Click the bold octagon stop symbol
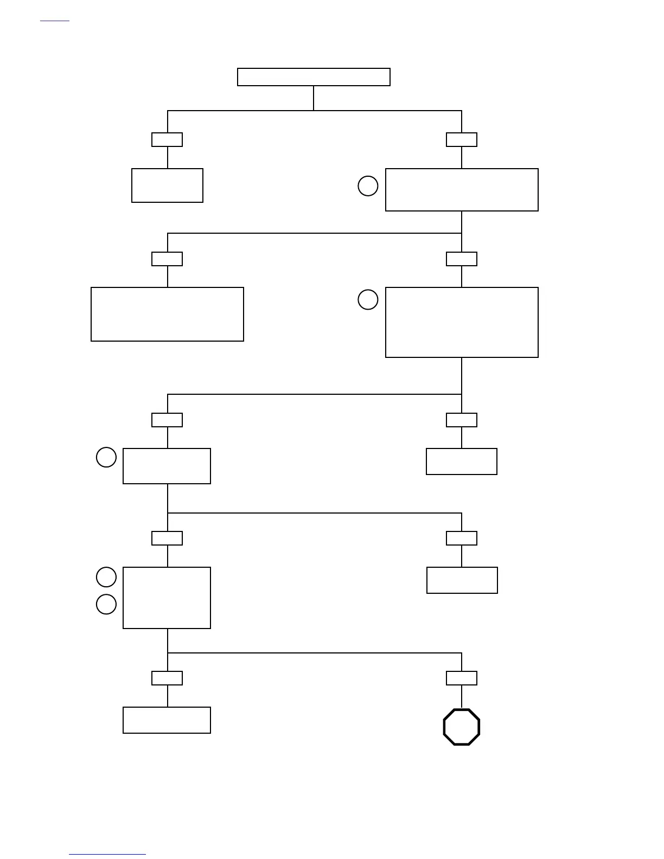[x=462, y=727]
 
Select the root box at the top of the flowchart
[x=314, y=77]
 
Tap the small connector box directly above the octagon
[x=462, y=678]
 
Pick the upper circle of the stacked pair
[x=106, y=576]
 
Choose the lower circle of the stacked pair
[x=106, y=604]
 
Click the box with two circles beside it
[x=167, y=598]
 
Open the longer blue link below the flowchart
[x=107, y=854]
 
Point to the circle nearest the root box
[x=368, y=186]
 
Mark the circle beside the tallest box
[x=368, y=299]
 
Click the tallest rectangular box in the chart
[x=462, y=322]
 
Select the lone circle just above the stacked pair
[x=106, y=457]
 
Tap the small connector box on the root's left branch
[x=167, y=139]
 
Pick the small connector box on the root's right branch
[x=462, y=139]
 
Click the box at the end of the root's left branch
[x=167, y=185]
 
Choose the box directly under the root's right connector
[x=462, y=189]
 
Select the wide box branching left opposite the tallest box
[x=167, y=314]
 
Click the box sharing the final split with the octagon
[x=167, y=720]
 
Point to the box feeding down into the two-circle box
[x=167, y=466]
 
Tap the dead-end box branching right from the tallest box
[x=462, y=461]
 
